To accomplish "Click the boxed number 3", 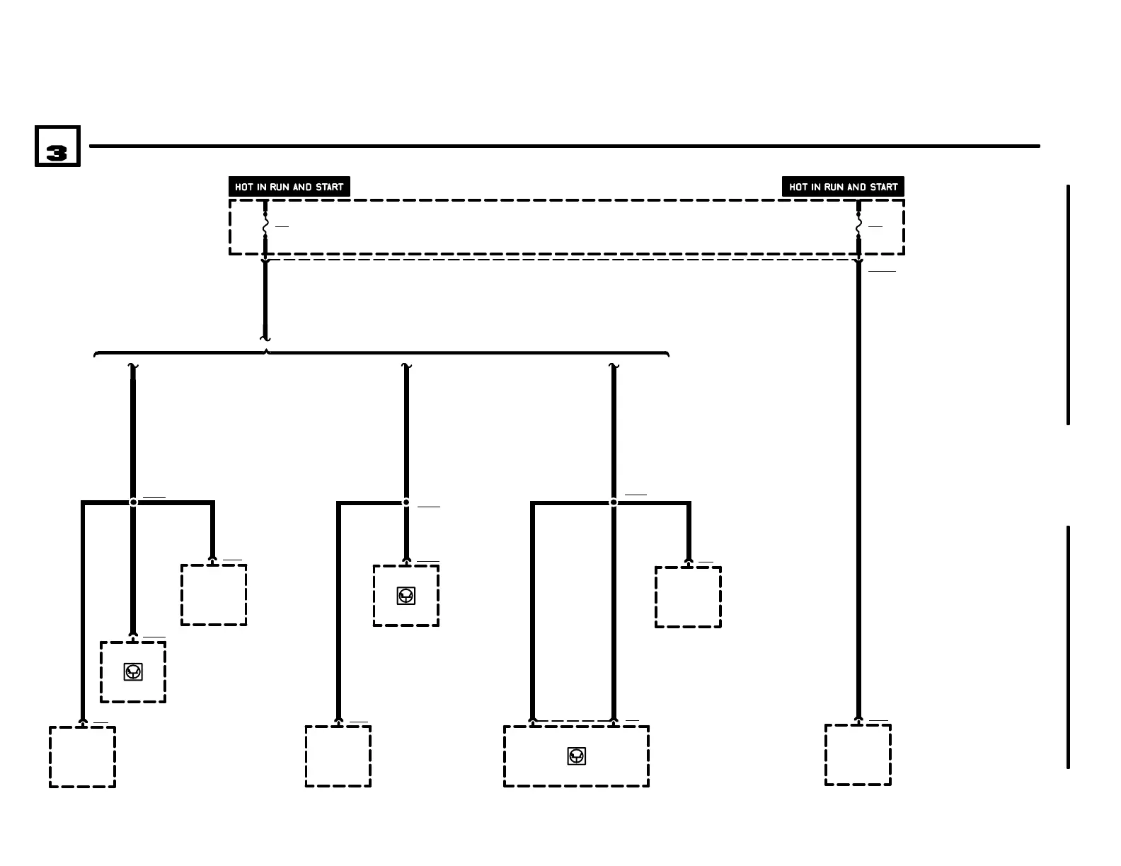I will coord(57,146).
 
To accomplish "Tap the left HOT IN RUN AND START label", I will coord(289,187).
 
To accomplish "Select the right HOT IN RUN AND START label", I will coord(843,187).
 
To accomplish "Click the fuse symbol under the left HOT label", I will coord(265,226).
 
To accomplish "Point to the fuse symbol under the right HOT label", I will coord(858,226).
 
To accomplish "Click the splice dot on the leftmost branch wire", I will coord(133,502).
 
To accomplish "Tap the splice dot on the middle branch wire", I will coord(406,502).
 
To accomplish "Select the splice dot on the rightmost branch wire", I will coord(614,502).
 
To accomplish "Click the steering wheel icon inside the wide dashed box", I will coord(577,756).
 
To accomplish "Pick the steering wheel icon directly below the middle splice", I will coord(406,596).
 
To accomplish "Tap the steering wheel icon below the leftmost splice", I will coord(133,671).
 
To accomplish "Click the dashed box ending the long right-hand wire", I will coord(858,755).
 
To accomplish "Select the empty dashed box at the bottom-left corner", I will coord(82,756).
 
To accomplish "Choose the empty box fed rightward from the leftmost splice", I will coord(214,595).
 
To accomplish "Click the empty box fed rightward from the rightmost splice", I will coord(688,597).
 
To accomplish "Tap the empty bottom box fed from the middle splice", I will coord(338,756).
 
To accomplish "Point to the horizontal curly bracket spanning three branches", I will coord(382,352).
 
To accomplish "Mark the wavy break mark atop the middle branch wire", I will coord(406,366).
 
